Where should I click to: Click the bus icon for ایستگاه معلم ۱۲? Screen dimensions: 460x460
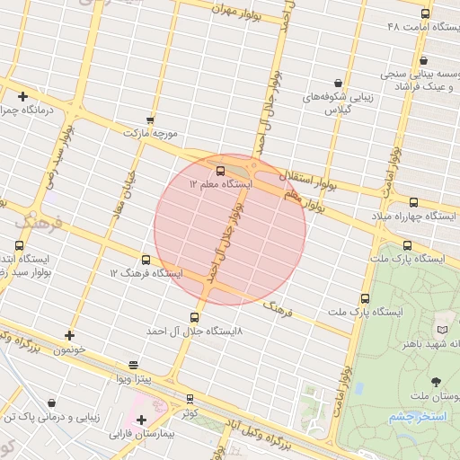pos(220,169)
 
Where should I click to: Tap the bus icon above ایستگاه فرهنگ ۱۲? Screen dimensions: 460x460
pos(146,260)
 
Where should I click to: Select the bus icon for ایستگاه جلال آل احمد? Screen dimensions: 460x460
pos(195,317)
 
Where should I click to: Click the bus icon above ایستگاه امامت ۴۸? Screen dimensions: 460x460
pos(425,13)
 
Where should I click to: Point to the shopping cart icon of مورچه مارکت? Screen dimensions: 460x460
pos(150,119)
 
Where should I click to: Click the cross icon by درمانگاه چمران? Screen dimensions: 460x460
pos(22,96)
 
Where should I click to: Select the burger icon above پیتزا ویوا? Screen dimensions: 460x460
pos(134,365)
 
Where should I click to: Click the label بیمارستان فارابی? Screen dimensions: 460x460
pos(145,433)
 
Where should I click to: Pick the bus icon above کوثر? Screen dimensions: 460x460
pos(190,399)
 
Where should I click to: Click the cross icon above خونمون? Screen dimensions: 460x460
pos(69,335)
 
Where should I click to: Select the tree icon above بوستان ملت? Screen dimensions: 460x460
pos(438,382)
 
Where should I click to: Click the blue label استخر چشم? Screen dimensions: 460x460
pos(411,418)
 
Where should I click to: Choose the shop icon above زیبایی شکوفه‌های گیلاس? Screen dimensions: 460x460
pos(338,83)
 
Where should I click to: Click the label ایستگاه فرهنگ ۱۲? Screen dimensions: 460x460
pos(146,272)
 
